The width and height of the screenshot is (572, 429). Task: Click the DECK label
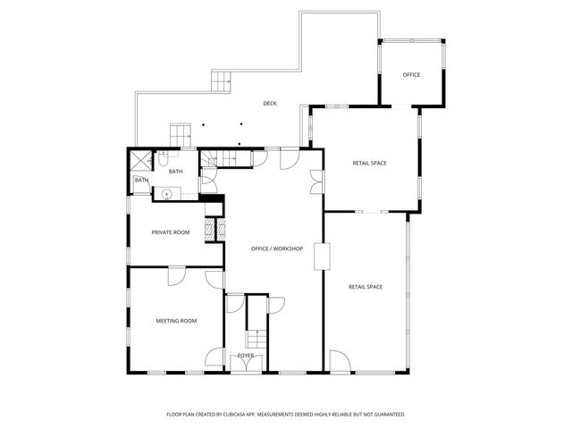[270, 104]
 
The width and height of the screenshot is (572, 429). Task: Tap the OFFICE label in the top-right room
[411, 74]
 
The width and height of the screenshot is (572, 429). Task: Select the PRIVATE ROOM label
[171, 232]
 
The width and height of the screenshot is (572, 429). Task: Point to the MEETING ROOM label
[176, 320]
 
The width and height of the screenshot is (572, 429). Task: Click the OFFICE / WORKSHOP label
[277, 248]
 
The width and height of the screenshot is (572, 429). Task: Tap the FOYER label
[246, 355]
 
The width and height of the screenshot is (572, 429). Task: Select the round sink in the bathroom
[166, 193]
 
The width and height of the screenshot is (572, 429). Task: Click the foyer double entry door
[244, 363]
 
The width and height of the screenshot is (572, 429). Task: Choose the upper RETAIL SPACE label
[369, 163]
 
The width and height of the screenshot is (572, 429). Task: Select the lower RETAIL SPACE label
[366, 286]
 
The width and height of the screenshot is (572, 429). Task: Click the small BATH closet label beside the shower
[141, 181]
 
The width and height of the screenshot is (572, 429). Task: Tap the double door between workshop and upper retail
[317, 182]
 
